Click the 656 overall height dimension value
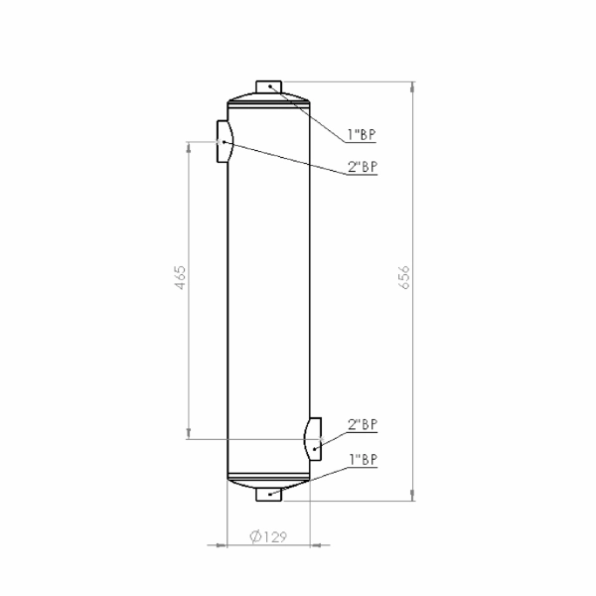405,277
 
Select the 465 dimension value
181,277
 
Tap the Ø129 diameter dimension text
268,536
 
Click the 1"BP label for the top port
362,134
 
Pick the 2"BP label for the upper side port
363,167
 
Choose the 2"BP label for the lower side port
363,424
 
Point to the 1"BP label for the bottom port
364,460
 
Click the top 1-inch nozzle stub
269,86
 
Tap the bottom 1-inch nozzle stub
269,495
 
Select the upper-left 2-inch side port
224,141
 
